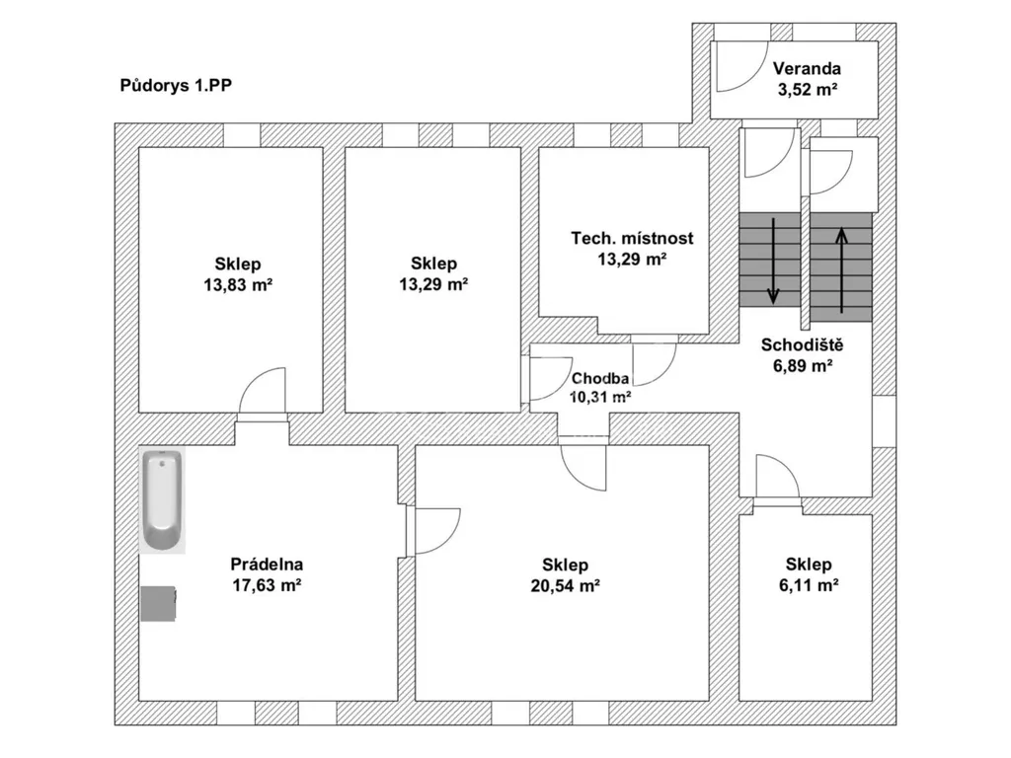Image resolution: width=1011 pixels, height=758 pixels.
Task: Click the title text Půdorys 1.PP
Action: (x=176, y=85)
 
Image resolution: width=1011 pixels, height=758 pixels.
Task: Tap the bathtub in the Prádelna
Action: (x=162, y=500)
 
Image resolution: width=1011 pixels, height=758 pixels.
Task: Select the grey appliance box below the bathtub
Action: (x=159, y=603)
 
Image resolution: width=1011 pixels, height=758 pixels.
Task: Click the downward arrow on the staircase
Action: (x=773, y=261)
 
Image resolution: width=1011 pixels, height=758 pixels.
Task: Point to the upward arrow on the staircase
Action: (x=841, y=270)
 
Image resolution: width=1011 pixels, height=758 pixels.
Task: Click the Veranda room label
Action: (x=808, y=68)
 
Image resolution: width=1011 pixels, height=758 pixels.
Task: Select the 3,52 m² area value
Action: (x=808, y=89)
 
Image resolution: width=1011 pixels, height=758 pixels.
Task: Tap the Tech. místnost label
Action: (x=632, y=238)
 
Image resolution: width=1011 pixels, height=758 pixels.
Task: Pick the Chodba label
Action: (x=599, y=378)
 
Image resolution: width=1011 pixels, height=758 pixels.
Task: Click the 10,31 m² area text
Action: (x=599, y=397)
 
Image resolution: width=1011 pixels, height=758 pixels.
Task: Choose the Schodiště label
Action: (x=802, y=344)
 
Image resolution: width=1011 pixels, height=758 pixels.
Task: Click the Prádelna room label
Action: (x=267, y=564)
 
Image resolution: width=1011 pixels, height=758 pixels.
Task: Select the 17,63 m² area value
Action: (x=267, y=584)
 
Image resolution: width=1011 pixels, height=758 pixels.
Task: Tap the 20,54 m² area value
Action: (x=566, y=585)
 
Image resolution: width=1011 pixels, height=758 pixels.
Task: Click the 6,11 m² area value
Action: (x=809, y=584)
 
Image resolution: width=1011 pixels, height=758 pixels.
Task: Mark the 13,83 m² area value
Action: (x=238, y=284)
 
